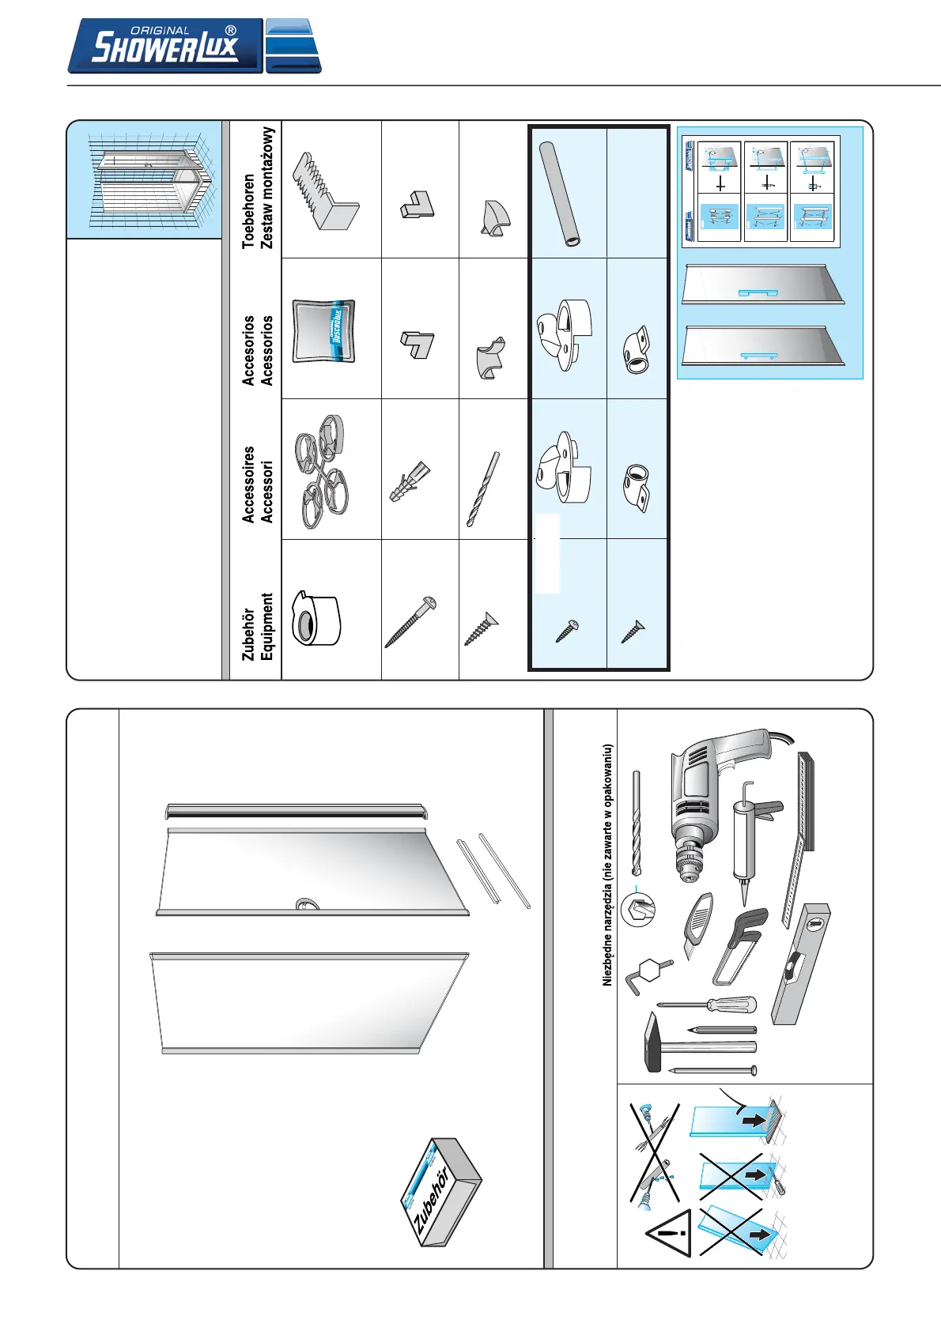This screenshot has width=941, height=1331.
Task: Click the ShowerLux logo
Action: click(x=194, y=47)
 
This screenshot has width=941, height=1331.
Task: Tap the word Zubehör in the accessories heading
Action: click(x=248, y=634)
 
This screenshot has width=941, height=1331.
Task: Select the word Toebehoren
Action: click(x=248, y=211)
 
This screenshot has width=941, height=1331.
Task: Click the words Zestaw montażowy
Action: click(x=267, y=188)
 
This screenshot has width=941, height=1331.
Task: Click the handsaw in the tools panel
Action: click(x=739, y=948)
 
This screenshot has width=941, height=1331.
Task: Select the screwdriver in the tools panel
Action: click(x=708, y=1005)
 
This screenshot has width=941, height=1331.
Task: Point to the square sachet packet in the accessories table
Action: click(x=323, y=331)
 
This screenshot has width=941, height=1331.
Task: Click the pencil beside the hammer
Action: click(x=722, y=1030)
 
